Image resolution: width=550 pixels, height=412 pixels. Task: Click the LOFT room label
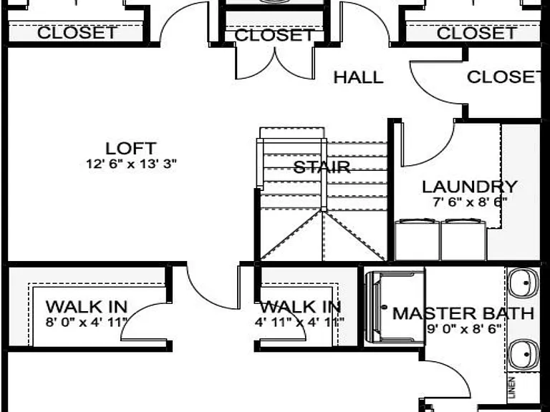coord(131,149)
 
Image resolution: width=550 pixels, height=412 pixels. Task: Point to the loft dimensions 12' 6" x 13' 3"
coord(131,164)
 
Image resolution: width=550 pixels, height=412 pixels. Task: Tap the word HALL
coord(358,77)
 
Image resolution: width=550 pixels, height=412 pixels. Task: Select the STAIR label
coord(322,167)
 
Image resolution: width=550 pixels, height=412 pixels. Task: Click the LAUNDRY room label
coord(470,187)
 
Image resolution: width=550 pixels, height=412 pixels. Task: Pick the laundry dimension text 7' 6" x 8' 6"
coord(470,202)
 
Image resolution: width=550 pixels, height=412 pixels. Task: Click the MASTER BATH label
coord(463,313)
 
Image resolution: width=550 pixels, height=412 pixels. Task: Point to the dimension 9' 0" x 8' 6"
coord(464,329)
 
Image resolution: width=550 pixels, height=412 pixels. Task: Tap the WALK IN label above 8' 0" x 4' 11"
coord(86,307)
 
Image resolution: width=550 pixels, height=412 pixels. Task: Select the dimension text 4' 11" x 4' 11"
coord(299,322)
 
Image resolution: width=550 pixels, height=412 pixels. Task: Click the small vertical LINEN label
coord(512,387)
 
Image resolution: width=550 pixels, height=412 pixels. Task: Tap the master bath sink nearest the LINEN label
coord(524,355)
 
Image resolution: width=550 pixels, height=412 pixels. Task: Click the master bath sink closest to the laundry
coord(524,283)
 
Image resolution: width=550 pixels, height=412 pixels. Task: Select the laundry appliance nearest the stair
coord(417,240)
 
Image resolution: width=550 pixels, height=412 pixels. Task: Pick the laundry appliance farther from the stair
coord(463,240)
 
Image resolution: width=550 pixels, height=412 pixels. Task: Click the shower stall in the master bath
coord(395,307)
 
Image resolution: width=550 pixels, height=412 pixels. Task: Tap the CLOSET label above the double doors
coord(274,35)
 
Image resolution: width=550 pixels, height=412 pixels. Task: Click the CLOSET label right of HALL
coord(504,77)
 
